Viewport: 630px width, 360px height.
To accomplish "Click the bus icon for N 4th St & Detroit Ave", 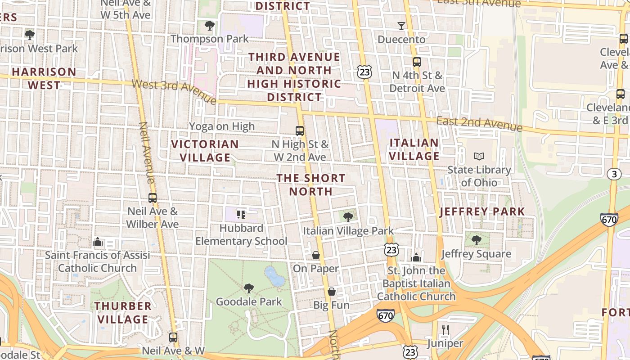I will coord(417,62).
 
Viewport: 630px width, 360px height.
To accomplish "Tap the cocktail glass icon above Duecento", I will coord(401,26).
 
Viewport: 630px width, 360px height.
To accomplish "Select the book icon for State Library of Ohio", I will coord(479,157).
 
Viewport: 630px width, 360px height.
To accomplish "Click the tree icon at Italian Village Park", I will coord(348,217).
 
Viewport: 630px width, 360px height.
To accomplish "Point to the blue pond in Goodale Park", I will coord(274,276).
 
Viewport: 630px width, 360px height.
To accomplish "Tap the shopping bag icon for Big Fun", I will coord(332,292).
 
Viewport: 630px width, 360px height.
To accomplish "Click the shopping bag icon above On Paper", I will coord(316,255).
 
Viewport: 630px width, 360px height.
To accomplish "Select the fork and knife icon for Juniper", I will coord(445,330).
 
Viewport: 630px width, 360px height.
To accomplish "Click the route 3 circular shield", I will coord(614,174).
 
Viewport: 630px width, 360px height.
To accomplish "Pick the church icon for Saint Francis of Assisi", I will coord(98,242).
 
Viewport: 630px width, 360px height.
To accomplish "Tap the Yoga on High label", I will coord(222,126).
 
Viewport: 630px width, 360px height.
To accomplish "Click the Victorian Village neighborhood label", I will coord(205,151).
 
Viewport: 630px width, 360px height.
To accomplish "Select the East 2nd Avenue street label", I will coord(479,124).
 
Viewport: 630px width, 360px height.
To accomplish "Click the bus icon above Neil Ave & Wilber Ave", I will coord(153,198).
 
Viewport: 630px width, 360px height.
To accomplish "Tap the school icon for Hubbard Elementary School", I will coord(241,215).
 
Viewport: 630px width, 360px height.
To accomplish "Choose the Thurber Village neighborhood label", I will coord(123,313).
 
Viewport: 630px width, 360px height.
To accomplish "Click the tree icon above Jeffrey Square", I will coord(477,240).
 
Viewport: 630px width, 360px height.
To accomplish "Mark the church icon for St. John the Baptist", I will coord(416,257).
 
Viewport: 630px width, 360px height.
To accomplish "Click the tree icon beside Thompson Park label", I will coord(209,25).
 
